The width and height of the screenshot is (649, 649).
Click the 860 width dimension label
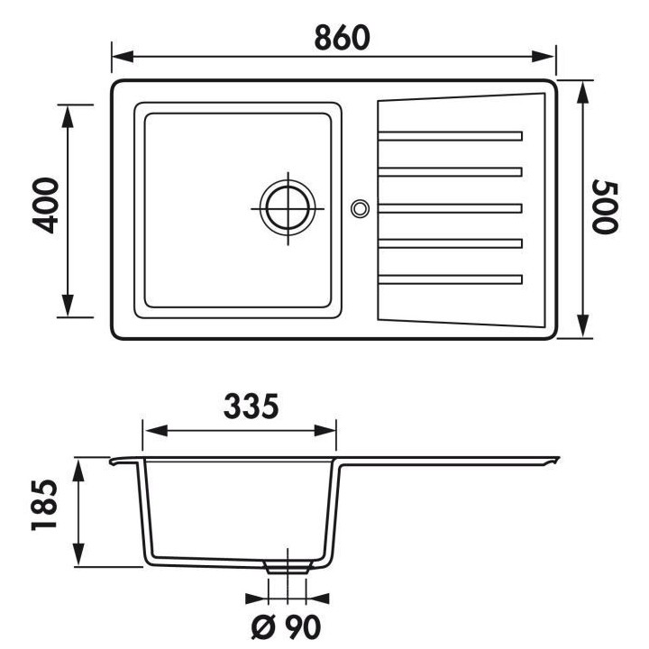pos(343,37)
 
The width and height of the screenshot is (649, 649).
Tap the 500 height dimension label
pos(607,208)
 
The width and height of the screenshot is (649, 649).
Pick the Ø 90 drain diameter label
pos(287,626)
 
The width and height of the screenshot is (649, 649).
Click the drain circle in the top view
pos(288,207)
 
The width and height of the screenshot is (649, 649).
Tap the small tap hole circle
pos(360,208)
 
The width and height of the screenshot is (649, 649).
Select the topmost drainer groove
pos(451,137)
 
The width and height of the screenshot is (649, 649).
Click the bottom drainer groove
pos(451,278)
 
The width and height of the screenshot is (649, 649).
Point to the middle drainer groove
pos(451,207)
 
